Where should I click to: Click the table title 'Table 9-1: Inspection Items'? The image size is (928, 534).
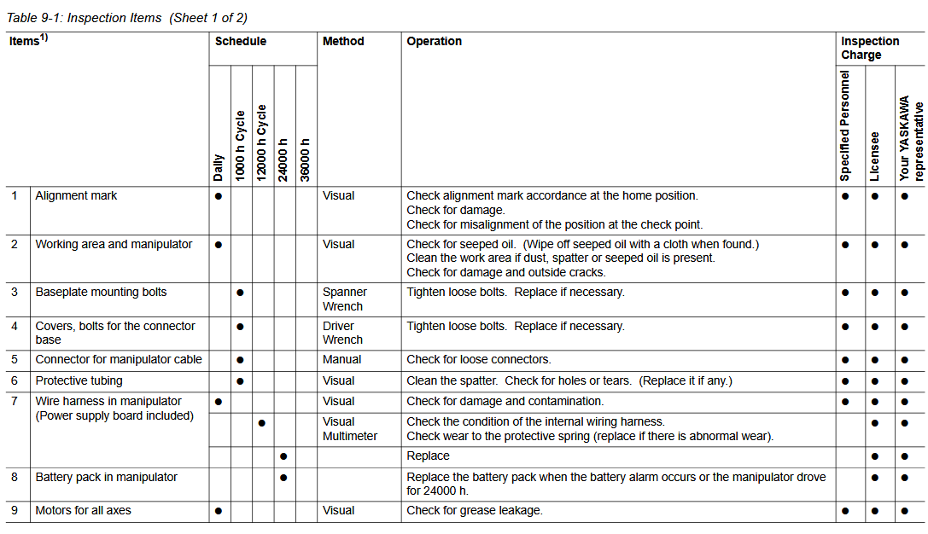click(85, 18)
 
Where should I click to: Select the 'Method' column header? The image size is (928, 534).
click(343, 41)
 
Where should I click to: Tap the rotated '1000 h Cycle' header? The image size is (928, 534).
click(241, 145)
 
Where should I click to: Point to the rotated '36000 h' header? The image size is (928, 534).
click(306, 159)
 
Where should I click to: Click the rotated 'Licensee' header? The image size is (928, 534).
click(875, 156)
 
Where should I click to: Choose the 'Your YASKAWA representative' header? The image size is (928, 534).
click(911, 140)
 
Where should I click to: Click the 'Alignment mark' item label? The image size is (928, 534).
click(76, 195)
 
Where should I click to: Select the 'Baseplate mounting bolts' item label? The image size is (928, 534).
click(101, 292)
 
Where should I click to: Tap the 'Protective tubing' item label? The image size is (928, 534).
click(79, 380)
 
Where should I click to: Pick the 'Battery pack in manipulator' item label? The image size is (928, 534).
click(106, 477)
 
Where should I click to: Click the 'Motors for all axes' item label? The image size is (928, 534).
click(83, 510)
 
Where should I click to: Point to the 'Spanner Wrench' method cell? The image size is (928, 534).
click(344, 299)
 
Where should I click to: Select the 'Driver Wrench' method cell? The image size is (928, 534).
click(342, 333)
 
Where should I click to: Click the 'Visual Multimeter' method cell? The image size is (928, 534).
click(347, 429)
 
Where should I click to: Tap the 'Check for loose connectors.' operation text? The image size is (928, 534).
click(478, 359)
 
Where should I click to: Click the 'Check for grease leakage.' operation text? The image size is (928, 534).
click(475, 510)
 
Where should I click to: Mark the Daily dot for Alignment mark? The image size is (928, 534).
click(219, 195)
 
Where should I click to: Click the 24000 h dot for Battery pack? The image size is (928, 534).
click(283, 477)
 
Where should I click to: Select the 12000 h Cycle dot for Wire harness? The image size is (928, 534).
click(262, 422)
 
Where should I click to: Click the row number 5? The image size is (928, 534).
click(14, 359)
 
